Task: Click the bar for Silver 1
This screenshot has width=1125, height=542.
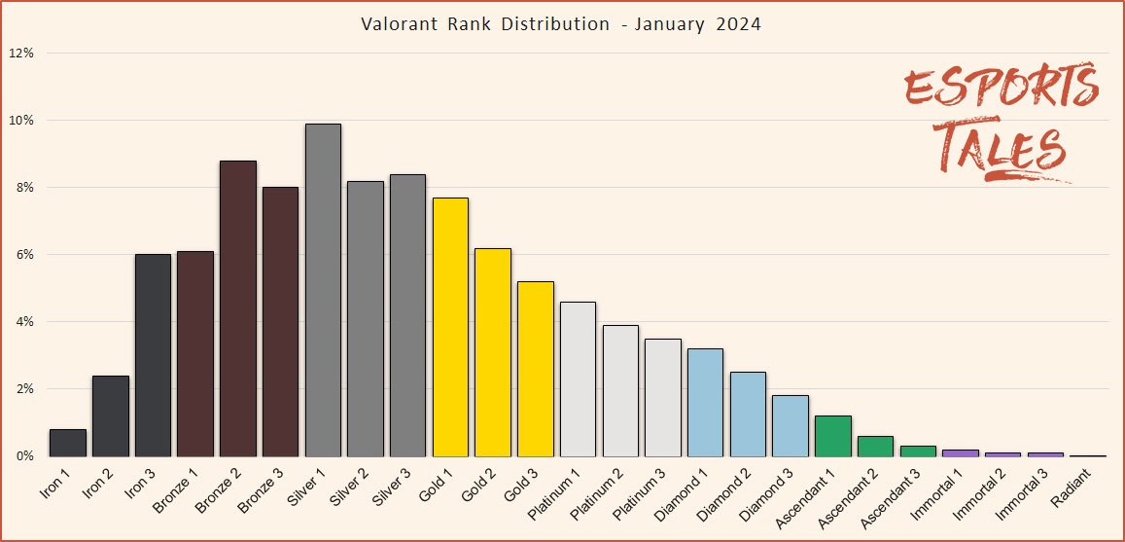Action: pos(323,290)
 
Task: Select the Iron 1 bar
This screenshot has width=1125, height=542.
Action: pos(68,443)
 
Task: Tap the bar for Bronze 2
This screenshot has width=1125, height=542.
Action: pos(238,308)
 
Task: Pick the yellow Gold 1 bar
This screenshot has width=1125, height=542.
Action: pos(450,327)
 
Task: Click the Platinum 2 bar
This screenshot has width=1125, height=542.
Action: pos(620,390)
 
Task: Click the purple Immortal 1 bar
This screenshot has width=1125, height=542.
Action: pos(961,452)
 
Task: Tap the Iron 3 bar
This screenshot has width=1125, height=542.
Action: pos(153,355)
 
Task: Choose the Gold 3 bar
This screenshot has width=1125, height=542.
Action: pos(536,369)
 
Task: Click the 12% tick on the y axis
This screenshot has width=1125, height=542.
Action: pos(21,54)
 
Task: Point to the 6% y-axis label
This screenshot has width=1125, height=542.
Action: pos(24,255)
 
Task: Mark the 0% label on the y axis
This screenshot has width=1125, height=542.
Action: pos(24,456)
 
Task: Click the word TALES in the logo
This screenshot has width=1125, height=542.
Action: pos(1002,151)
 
